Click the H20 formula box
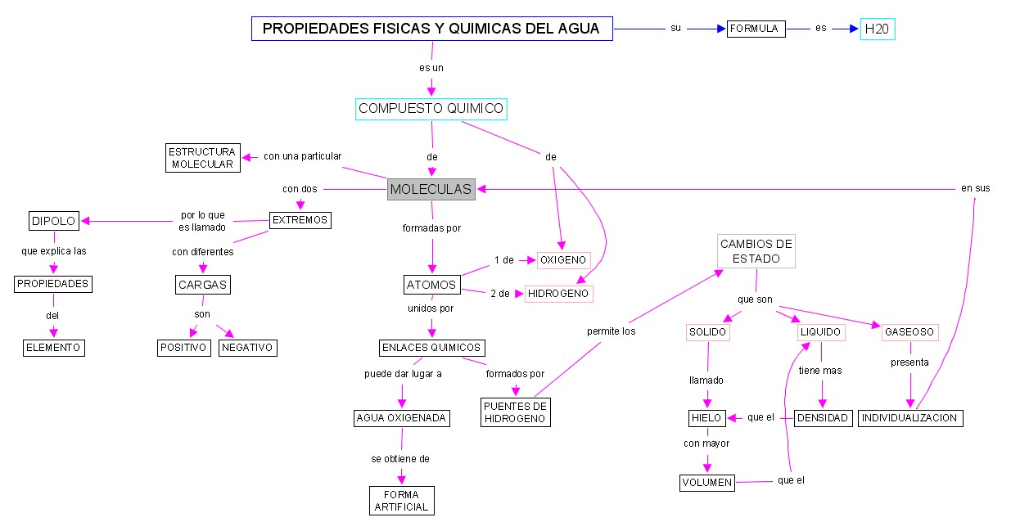[x=878, y=29]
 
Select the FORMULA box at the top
[x=756, y=29]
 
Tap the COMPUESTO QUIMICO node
[x=431, y=109]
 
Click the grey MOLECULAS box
[x=431, y=189]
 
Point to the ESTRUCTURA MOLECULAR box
[x=201, y=158]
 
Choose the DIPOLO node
[x=53, y=221]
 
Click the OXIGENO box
[x=563, y=260]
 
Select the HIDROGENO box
[x=558, y=293]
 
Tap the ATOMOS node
[x=431, y=285]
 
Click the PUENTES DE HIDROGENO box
[x=515, y=412]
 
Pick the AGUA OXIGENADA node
[x=401, y=418]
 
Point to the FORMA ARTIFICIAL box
[x=401, y=501]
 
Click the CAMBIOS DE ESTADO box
[x=756, y=251]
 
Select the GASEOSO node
[x=909, y=333]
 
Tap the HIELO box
[x=706, y=418]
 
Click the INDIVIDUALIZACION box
[x=909, y=418]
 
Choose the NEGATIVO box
[x=247, y=348]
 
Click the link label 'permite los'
[x=611, y=331]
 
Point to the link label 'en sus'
[x=975, y=188]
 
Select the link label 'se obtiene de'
[x=400, y=459]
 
